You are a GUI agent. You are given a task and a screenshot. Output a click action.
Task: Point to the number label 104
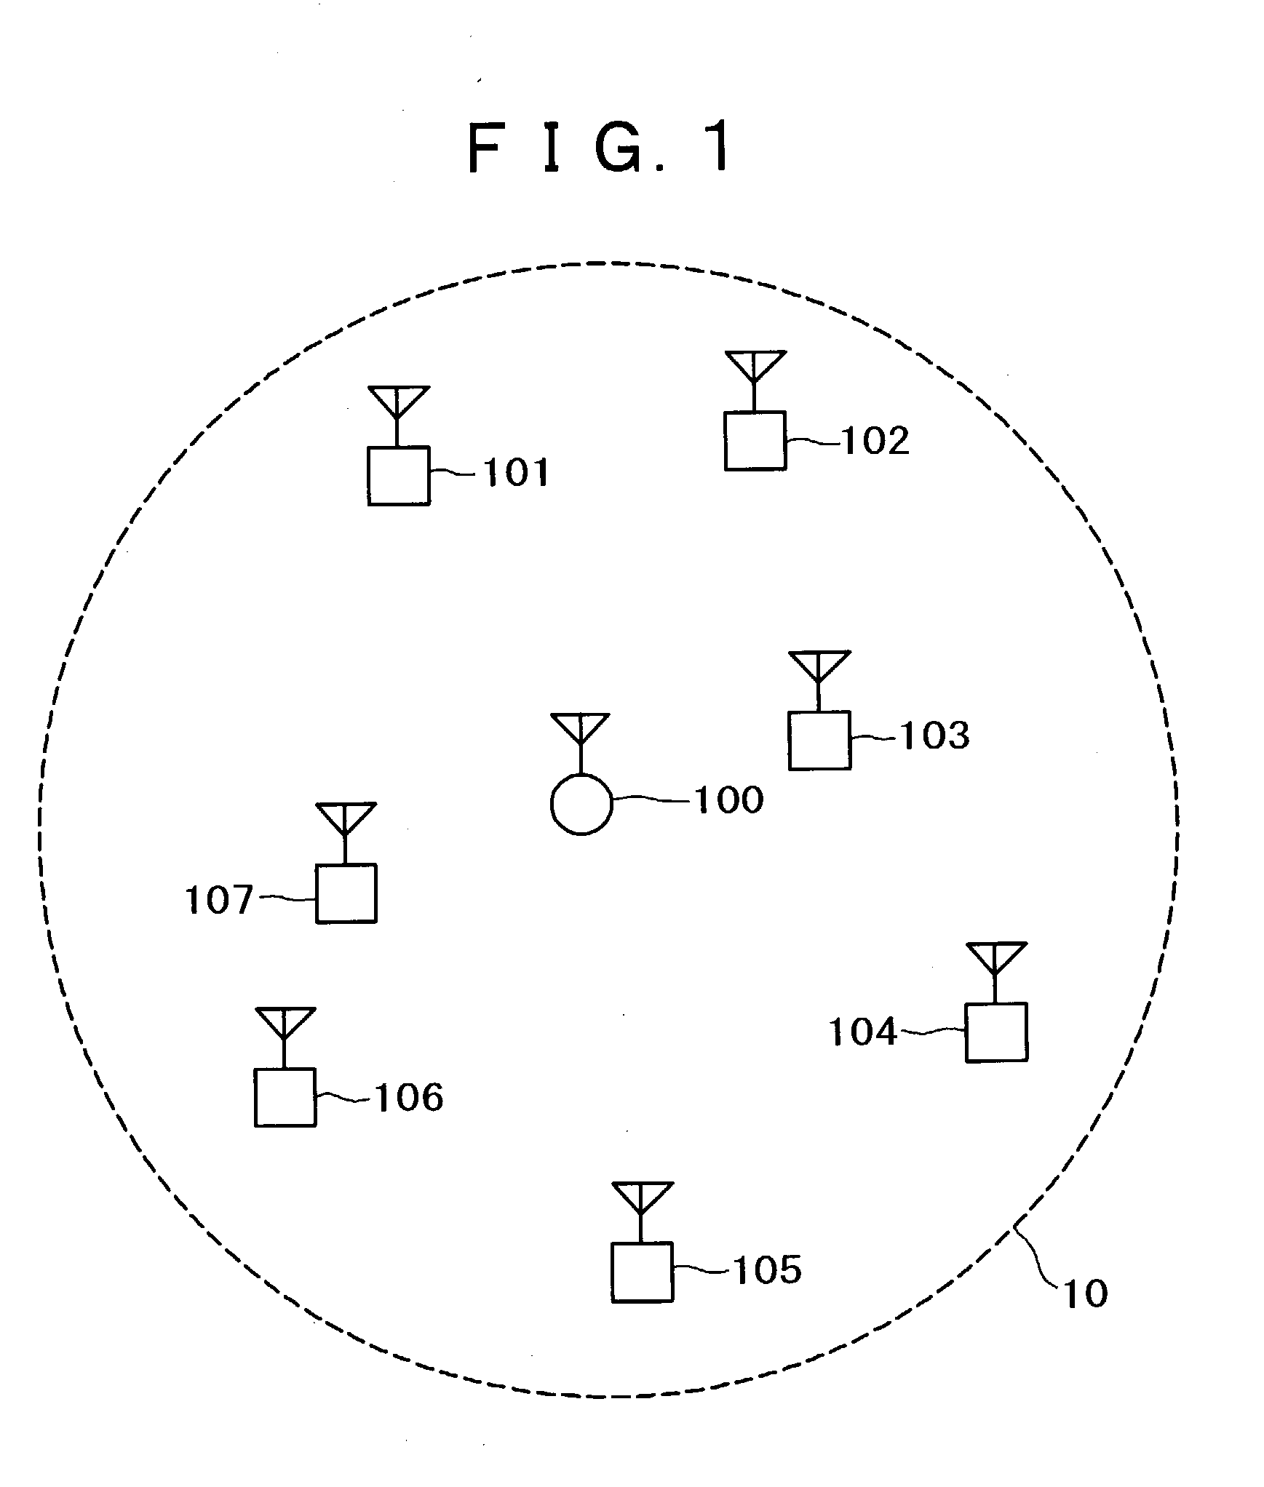[x=863, y=1032]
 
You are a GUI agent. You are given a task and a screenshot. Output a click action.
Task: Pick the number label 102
[x=875, y=441]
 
